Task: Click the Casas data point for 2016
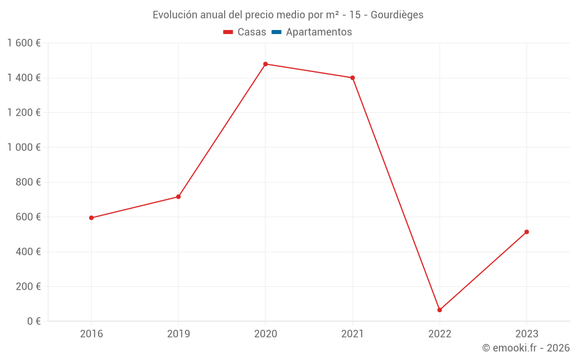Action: point(91,218)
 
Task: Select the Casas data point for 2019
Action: point(179,197)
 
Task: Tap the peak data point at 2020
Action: point(266,64)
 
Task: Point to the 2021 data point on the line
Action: point(353,78)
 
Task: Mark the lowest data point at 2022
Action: point(439,310)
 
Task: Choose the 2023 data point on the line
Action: point(526,232)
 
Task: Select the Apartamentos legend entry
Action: point(319,32)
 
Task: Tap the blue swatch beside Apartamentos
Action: point(276,32)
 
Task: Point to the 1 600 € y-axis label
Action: point(24,43)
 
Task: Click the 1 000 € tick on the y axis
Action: point(24,147)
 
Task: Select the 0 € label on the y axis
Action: point(33,321)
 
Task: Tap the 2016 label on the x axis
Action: point(91,334)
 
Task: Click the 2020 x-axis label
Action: point(266,334)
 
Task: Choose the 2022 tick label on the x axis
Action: point(439,334)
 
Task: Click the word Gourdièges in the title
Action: point(397,15)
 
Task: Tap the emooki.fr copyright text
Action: point(525,348)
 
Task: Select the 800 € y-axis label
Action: point(28,182)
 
